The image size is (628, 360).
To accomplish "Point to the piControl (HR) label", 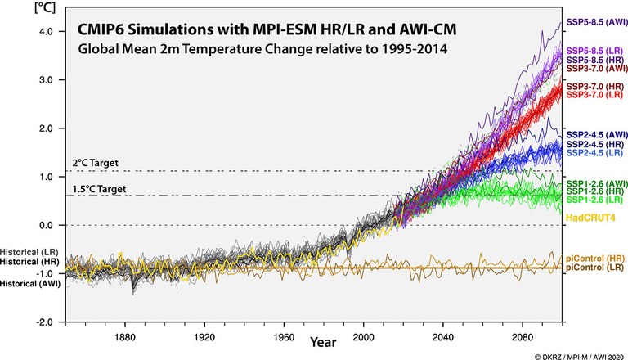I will (x=594, y=258).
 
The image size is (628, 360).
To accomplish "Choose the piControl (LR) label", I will (x=594, y=268).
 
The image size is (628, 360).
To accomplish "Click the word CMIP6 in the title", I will (x=105, y=30).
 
